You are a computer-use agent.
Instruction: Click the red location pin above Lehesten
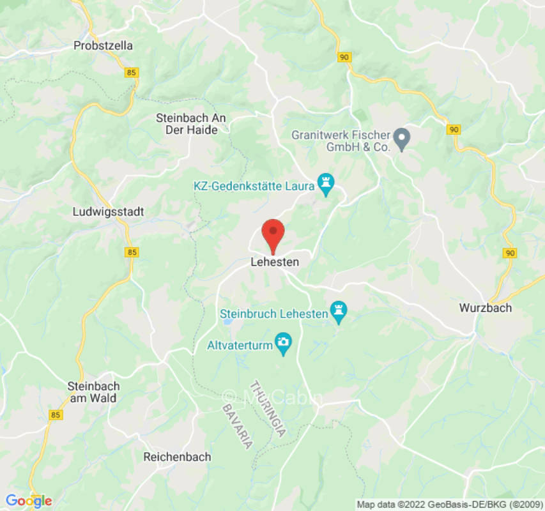273,234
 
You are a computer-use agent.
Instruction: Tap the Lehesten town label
275,262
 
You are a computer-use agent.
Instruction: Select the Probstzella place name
103,45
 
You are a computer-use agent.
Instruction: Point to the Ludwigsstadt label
109,211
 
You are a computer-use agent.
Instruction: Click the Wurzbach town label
486,308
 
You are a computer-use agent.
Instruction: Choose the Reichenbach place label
177,457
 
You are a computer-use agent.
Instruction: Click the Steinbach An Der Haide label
191,124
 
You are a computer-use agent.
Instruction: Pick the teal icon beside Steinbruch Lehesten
338,312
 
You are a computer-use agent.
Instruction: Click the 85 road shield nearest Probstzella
132,73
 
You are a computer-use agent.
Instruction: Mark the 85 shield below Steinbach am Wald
55,415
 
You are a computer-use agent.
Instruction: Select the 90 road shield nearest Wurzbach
509,253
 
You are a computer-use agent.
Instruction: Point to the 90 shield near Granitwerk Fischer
454,130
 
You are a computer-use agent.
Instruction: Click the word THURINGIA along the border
268,408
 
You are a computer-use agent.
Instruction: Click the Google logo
28,501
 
